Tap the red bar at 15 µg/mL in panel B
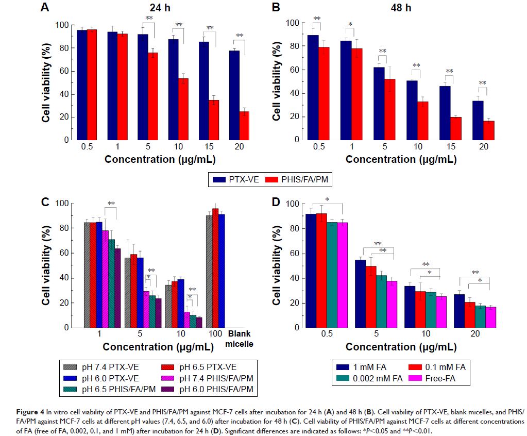tap(456, 128)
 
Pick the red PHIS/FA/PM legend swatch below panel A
tap(271, 180)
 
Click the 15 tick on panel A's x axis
tap(210, 146)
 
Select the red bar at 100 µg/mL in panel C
tap(215, 268)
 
